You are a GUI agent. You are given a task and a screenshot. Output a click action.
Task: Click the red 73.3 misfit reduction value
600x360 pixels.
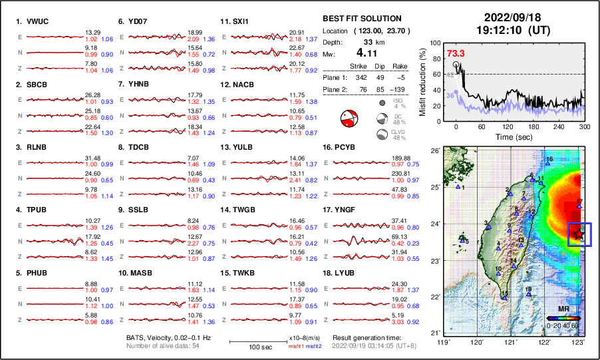click(456, 53)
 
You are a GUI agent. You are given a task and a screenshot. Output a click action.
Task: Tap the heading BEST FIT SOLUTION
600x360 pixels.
click(361, 18)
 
